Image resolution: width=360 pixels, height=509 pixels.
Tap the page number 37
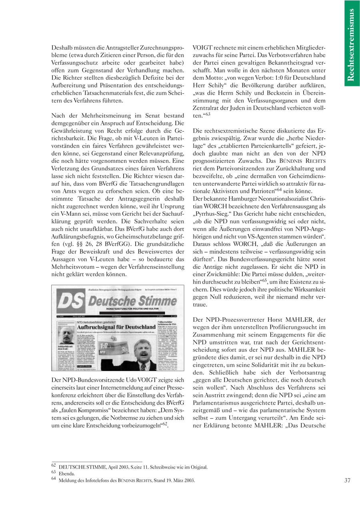point(347,480)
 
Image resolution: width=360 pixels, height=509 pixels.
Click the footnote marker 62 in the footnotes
point(54,466)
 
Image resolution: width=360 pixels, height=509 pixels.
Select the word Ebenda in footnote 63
point(67,473)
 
